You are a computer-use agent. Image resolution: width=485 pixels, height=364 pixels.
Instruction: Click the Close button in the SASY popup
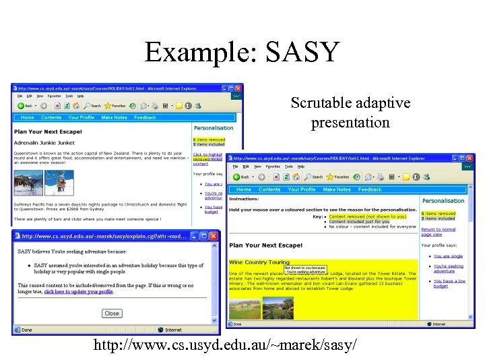click(x=112, y=313)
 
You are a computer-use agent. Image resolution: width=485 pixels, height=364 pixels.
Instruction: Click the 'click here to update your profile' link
click(x=79, y=292)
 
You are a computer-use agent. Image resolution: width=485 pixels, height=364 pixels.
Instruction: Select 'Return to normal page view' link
click(x=439, y=233)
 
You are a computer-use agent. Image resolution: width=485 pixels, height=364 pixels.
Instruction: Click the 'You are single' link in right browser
click(x=448, y=256)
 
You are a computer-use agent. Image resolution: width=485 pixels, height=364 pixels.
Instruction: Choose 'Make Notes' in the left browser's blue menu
click(x=114, y=117)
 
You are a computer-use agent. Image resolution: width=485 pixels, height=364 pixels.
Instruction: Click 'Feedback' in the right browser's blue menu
click(x=370, y=189)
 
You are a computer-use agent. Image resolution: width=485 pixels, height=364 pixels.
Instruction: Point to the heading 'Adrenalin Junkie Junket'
click(x=45, y=142)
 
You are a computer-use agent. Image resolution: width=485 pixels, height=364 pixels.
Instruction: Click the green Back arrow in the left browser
click(x=22, y=106)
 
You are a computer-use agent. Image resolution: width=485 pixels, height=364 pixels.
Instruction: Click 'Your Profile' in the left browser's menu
click(x=82, y=117)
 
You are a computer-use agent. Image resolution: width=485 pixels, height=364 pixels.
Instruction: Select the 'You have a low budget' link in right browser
click(x=449, y=284)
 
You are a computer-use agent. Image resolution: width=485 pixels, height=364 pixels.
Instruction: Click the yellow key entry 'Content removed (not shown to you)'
click(x=368, y=217)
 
